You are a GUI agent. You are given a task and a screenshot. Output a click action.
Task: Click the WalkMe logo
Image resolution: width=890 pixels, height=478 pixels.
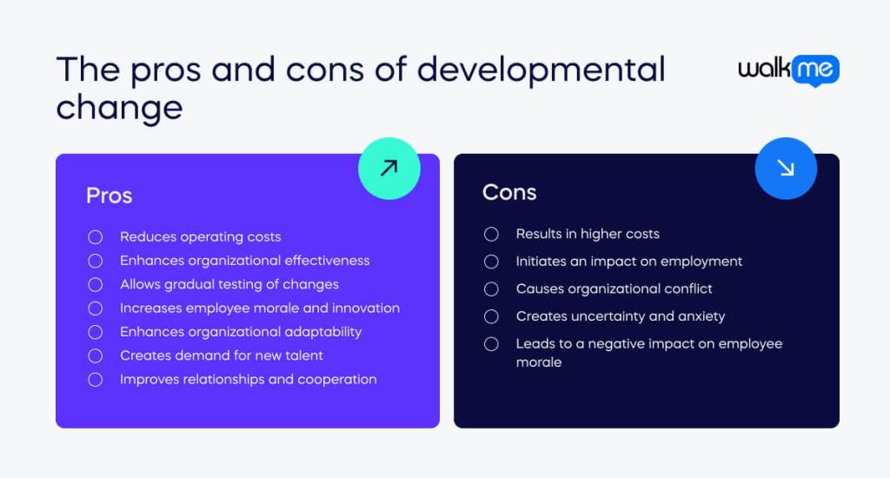[788, 70]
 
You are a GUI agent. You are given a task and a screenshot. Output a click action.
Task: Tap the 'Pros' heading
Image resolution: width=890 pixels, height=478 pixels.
[109, 196]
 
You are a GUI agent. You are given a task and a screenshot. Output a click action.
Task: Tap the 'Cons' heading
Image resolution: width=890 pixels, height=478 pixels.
[509, 192]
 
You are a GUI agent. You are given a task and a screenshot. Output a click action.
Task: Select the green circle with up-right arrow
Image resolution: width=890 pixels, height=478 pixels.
[389, 168]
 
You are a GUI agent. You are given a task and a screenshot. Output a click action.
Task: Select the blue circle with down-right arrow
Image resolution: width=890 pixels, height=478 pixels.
[786, 168]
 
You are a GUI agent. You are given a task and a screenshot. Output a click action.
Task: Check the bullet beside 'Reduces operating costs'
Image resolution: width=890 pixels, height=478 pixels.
[96, 237]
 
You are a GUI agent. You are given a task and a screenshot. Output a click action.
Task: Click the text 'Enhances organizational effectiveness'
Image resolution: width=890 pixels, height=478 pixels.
[244, 261]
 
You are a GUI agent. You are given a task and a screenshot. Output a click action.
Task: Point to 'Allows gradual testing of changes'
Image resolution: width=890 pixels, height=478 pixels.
[229, 284]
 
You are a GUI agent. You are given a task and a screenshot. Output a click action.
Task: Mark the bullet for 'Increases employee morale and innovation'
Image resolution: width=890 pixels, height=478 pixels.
[96, 309]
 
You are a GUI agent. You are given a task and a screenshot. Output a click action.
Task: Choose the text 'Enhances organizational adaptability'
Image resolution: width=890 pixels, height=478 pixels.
[240, 332]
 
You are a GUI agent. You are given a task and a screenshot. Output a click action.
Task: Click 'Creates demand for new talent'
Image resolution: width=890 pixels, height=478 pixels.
[221, 355]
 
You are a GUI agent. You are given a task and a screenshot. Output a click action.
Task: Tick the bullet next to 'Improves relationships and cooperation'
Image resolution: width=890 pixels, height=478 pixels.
[96, 380]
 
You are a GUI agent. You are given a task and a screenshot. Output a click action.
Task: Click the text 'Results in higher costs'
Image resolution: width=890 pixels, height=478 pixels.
[588, 234]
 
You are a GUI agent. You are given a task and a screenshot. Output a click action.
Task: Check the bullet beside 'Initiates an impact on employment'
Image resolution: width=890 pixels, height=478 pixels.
[492, 262]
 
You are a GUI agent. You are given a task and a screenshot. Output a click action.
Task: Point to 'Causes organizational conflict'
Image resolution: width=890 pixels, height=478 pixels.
[614, 289]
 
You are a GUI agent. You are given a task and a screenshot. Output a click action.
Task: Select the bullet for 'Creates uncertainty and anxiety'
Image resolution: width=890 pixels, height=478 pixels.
[492, 316]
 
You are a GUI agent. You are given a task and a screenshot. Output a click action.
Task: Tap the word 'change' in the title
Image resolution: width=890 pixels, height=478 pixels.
[119, 109]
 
